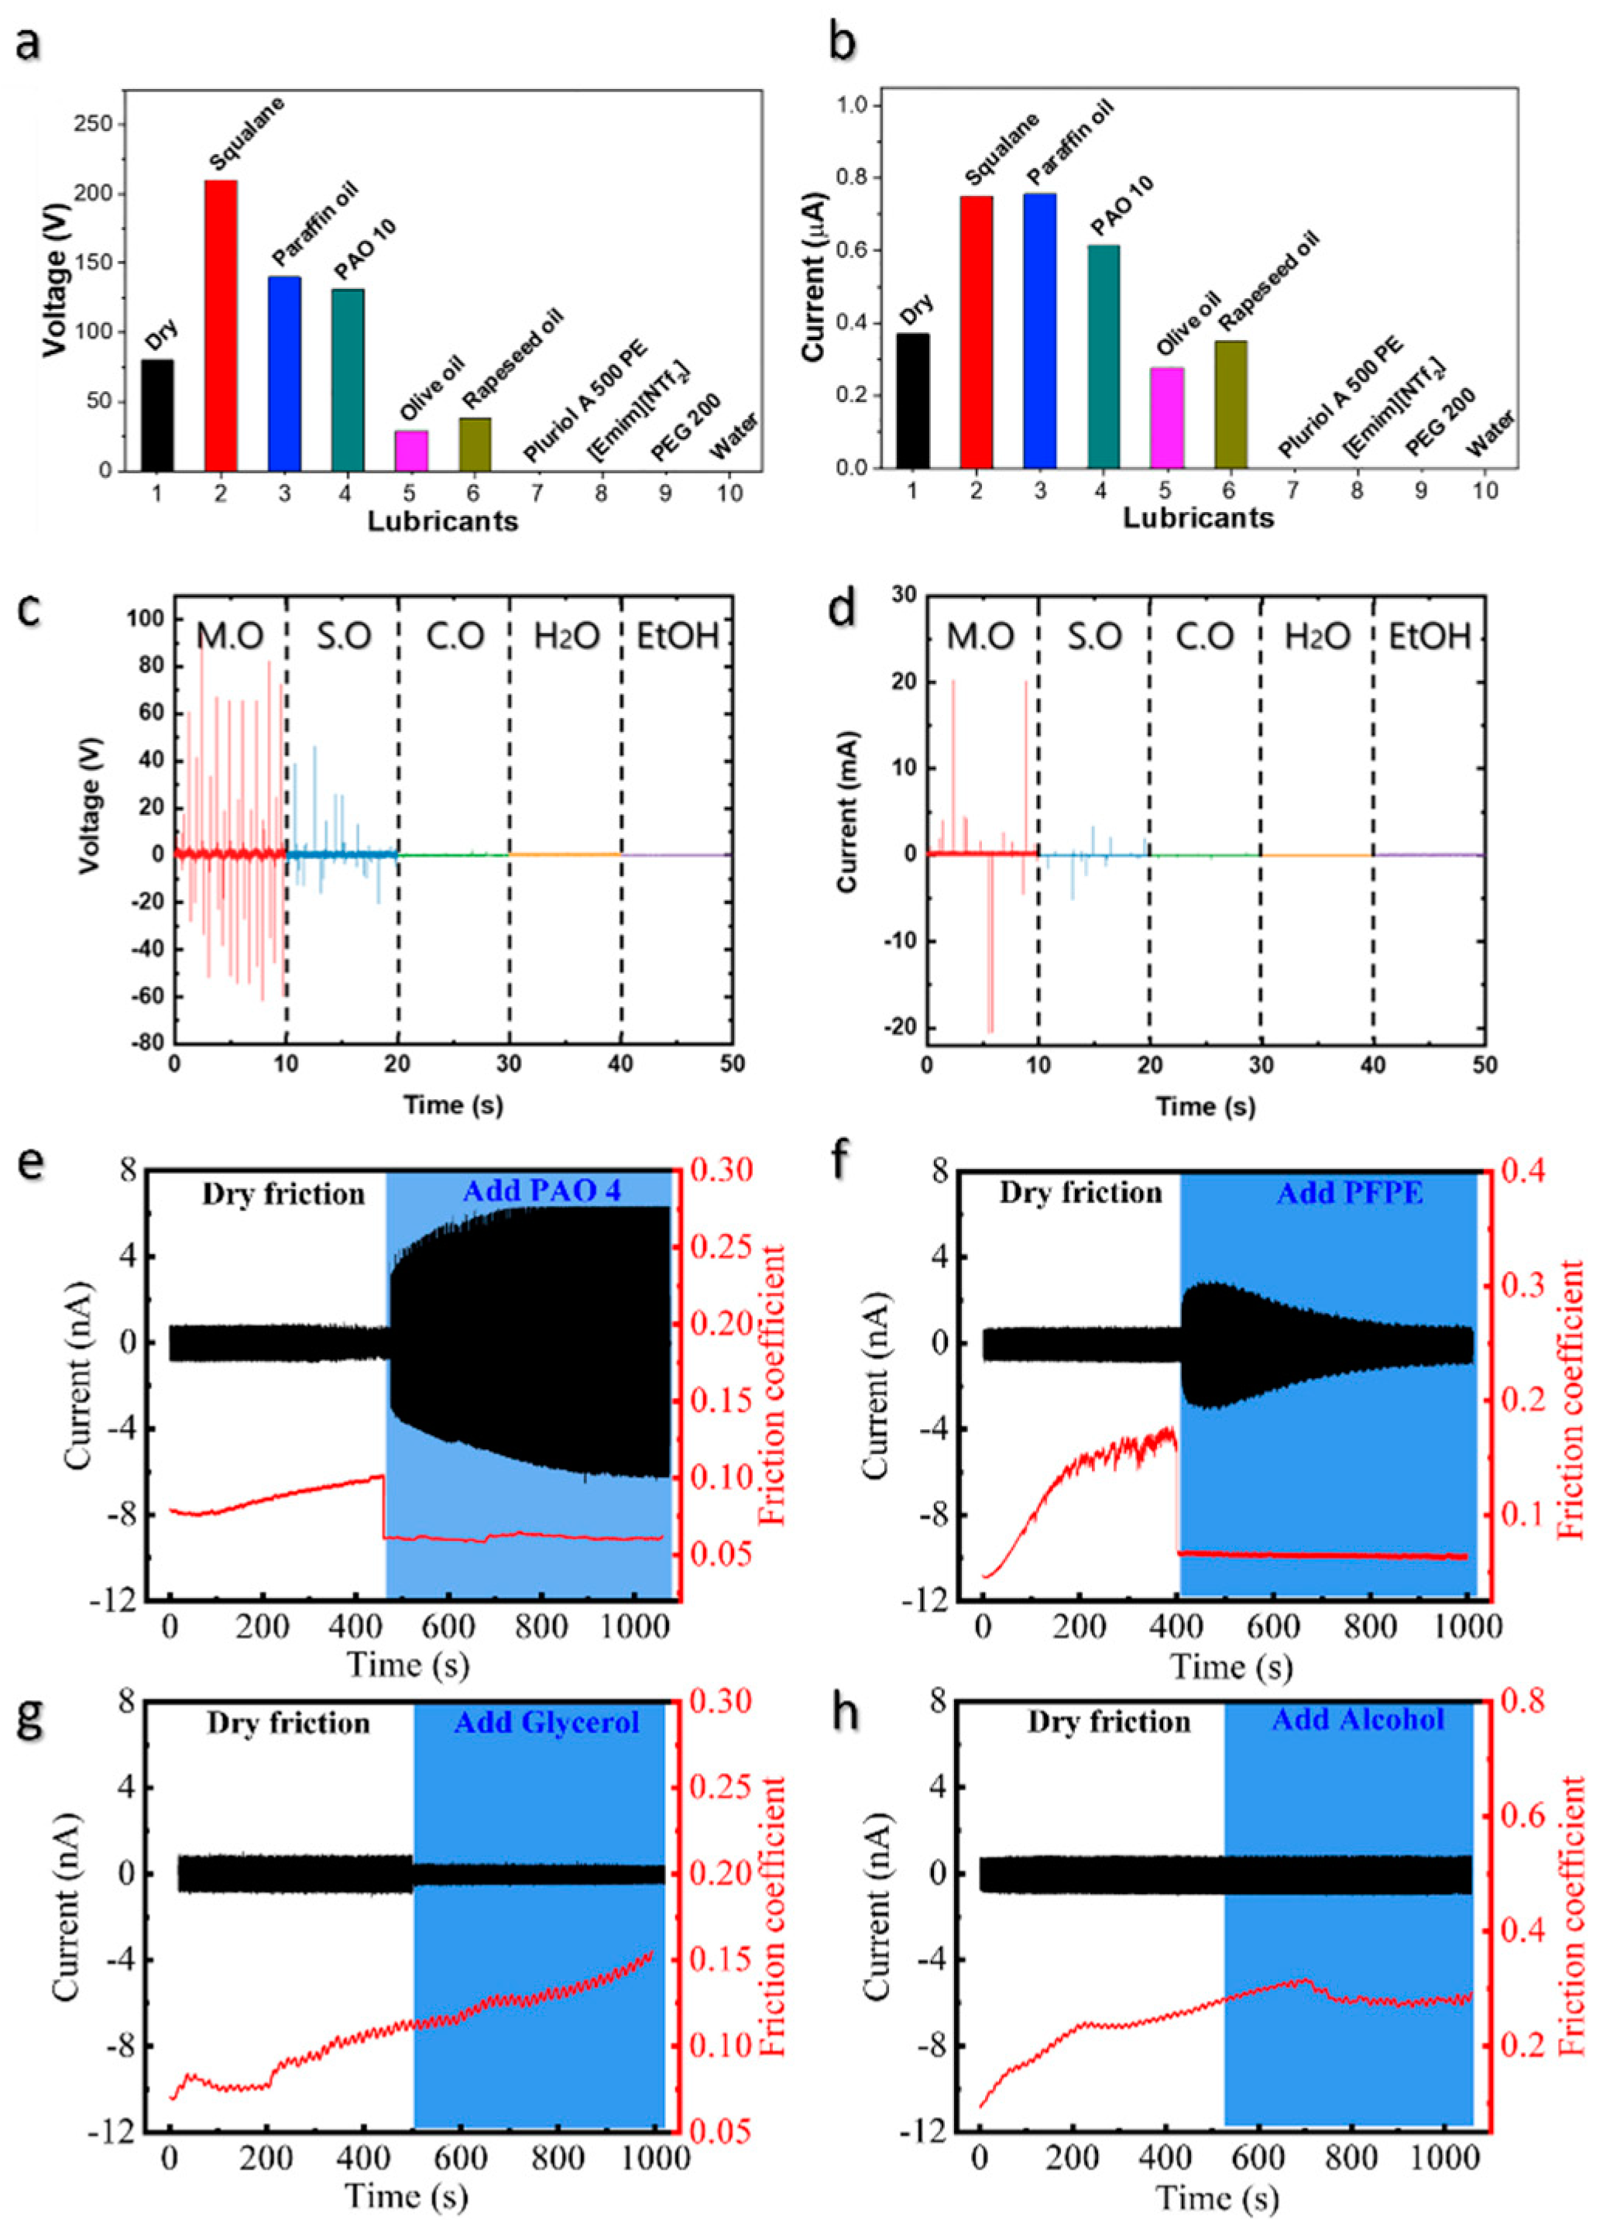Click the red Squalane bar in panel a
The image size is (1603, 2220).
pos(220,326)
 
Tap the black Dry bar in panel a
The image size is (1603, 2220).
pos(157,415)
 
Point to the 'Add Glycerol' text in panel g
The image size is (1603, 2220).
pos(546,1722)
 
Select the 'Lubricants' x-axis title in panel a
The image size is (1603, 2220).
pos(442,522)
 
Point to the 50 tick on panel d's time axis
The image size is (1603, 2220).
pos(1484,1064)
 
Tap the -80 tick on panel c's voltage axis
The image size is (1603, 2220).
pos(147,1043)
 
